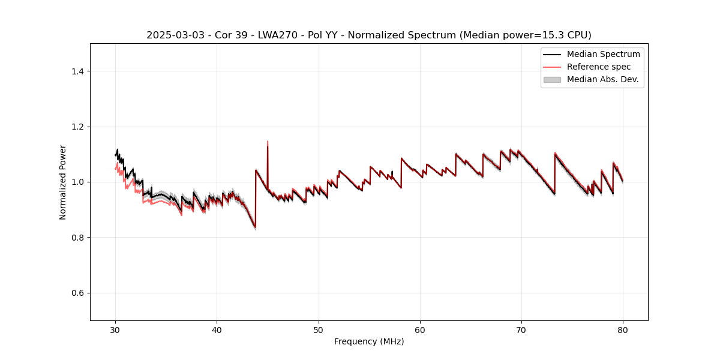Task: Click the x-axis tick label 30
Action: coord(115,330)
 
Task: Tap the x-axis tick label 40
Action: coord(217,330)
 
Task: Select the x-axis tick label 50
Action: coord(318,330)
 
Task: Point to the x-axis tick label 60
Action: coord(420,330)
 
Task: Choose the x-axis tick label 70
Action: coord(521,330)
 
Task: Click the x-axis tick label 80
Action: coord(623,330)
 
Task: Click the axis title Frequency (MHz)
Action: coord(369,341)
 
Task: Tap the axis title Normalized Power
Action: coord(63,182)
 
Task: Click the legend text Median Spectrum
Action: coord(603,54)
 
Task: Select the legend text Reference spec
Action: coord(599,67)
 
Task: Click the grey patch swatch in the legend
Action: coord(552,79)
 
